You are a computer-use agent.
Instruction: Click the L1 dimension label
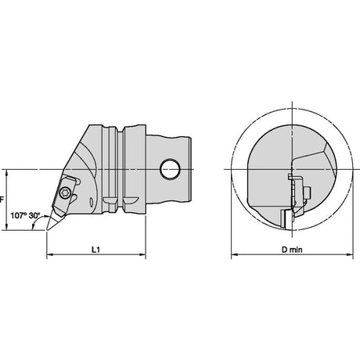click(95, 250)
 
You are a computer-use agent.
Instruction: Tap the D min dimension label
click(292, 250)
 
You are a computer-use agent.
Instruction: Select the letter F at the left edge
click(2, 200)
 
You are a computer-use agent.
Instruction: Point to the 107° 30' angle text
click(25, 216)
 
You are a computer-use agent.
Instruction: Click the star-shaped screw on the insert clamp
click(64, 193)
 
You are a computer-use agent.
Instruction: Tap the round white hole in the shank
click(170, 169)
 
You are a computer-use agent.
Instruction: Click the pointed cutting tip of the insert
click(47, 229)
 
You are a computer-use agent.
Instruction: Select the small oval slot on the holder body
click(92, 202)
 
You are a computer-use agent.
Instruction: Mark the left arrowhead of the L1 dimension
click(49, 254)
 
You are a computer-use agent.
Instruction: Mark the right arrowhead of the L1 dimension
click(142, 254)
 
